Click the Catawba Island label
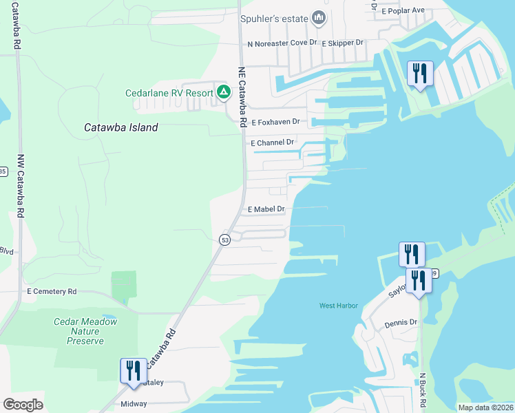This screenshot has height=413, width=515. (120, 127)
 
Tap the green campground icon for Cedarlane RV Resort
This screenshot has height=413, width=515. (223, 92)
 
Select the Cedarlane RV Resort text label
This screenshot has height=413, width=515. (169, 93)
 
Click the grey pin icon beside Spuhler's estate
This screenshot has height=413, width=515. (317, 18)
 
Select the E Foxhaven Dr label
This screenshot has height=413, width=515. (275, 122)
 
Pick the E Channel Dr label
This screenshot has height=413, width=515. (273, 142)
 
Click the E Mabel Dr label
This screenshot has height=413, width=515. (266, 209)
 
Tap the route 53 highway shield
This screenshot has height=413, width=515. (224, 240)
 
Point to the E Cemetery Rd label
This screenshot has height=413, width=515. (52, 291)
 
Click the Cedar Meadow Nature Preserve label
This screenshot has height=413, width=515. (86, 331)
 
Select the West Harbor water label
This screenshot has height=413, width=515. (339, 306)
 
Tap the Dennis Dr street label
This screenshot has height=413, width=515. (401, 322)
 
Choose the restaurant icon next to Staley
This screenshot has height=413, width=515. (132, 370)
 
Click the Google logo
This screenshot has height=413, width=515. (23, 404)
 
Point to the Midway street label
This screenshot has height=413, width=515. (134, 404)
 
